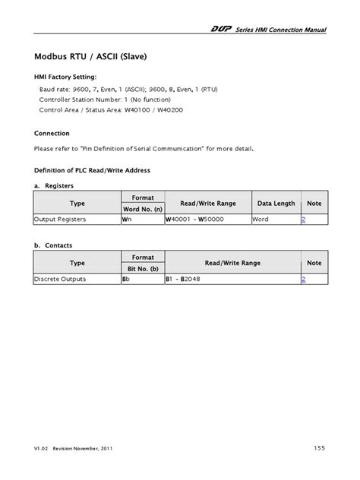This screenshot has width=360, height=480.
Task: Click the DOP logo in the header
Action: pos(221,30)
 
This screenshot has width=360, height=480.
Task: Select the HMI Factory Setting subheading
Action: pos(65,77)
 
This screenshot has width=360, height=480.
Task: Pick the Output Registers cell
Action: pos(60,219)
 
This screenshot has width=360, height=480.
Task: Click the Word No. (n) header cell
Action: pos(143,208)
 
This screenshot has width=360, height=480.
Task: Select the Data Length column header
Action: pos(276,203)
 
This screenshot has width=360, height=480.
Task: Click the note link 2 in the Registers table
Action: pos(304,219)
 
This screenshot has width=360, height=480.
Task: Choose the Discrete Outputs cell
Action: pos(60,279)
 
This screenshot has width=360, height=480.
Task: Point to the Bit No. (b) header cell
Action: pos(143,269)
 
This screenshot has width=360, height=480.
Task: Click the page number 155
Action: pos(319,448)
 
